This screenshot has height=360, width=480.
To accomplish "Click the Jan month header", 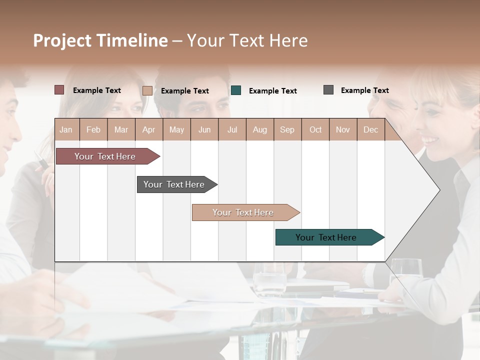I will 66,129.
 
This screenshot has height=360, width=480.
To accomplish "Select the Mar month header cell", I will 121,129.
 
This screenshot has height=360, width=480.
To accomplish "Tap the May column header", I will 176,129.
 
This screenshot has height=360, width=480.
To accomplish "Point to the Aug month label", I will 259,129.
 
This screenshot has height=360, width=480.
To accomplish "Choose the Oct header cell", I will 315,129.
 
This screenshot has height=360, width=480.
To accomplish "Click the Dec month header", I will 370,129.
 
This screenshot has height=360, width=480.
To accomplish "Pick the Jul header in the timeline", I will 232,129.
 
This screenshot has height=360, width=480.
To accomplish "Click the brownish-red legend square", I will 59,90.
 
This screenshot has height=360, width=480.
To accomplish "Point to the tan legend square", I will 147,90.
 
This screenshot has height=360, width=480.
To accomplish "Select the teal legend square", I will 236,90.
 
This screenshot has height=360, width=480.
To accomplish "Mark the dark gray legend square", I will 328,90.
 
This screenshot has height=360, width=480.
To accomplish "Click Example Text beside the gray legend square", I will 364,90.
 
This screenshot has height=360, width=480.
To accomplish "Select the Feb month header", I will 93,129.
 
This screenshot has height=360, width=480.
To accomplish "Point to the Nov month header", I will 343,129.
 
